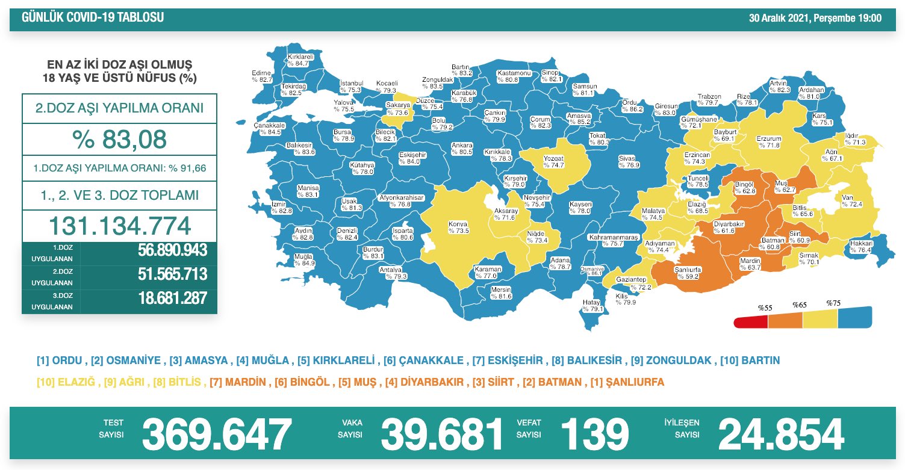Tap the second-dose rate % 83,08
[x=119, y=140]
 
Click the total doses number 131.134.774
[x=119, y=226]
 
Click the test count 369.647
[x=217, y=434]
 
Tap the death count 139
[x=594, y=434]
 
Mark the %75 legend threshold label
[x=833, y=303]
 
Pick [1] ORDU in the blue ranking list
[x=60, y=361]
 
